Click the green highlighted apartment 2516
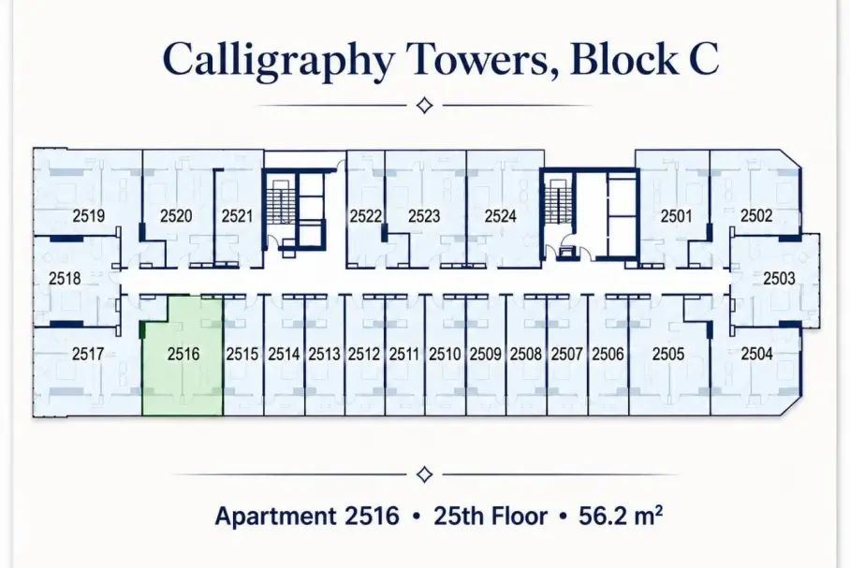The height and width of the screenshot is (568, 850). click(183, 357)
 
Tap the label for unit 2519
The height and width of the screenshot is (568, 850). click(88, 216)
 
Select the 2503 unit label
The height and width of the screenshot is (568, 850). click(779, 279)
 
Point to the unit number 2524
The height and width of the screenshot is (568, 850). click(500, 216)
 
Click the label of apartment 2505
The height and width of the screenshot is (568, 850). click(667, 354)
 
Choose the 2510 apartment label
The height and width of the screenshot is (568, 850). click(445, 354)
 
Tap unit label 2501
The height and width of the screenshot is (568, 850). click(676, 216)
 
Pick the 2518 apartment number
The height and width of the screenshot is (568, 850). click(65, 279)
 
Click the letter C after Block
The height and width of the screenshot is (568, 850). click(704, 59)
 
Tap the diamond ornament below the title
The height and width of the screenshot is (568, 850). click(424, 105)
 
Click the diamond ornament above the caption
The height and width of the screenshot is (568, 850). click(424, 474)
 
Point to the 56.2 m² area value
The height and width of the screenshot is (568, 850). click(620, 516)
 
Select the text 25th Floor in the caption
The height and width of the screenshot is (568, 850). click(490, 516)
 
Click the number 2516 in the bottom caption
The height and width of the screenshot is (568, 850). click(372, 516)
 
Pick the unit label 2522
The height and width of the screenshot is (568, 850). click(365, 216)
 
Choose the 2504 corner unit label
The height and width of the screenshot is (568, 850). click(756, 354)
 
